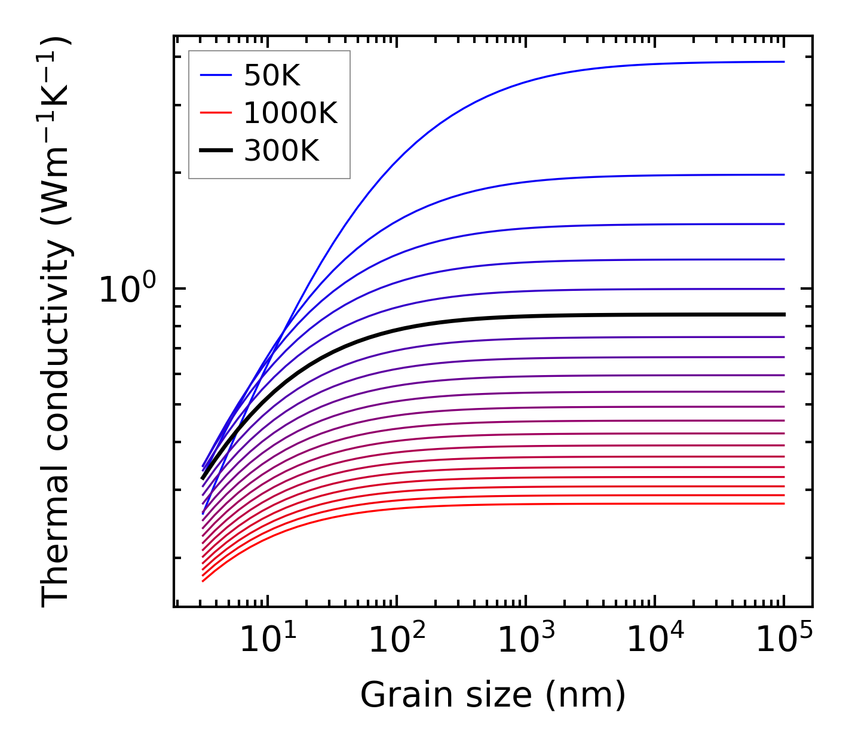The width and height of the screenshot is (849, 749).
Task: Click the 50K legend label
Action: pos(272,75)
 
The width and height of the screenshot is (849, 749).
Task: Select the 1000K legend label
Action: pos(290,113)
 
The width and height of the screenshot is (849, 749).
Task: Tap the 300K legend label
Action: pos(281,151)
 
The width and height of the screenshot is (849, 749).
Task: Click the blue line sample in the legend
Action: pos(215,75)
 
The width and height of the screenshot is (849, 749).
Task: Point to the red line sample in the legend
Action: pos(215,113)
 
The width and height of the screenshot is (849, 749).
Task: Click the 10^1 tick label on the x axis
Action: pos(267,640)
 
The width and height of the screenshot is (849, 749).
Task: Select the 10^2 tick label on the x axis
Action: pos(397,640)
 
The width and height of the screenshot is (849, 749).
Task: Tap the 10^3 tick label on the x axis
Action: pos(526,640)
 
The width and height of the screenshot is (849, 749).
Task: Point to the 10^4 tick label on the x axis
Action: pos(655,640)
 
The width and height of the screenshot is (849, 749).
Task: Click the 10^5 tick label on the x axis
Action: pos(784,640)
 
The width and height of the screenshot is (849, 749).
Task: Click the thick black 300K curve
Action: pos(478,320)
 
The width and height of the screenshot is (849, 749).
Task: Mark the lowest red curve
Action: pos(478,505)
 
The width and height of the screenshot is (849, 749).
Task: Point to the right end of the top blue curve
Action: pos(783,62)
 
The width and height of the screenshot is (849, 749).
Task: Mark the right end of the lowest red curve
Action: pos(783,504)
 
